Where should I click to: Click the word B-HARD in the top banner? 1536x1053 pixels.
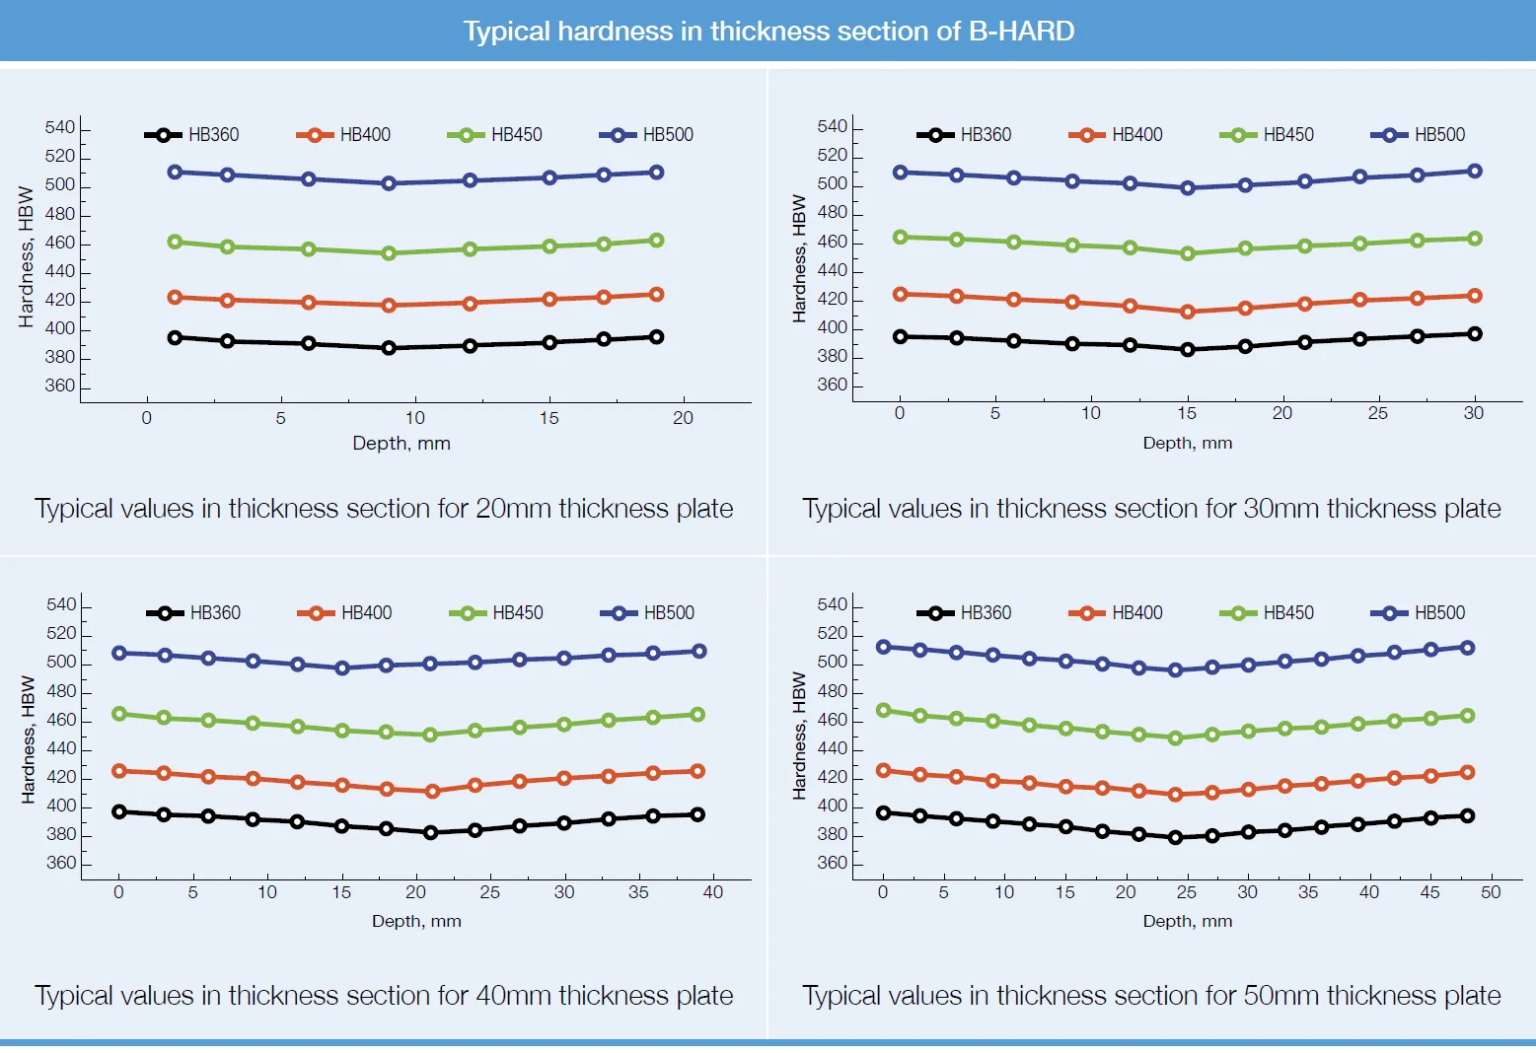click(1021, 31)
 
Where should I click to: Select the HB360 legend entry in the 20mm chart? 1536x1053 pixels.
click(192, 134)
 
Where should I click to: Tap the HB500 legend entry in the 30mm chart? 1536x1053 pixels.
click(1418, 134)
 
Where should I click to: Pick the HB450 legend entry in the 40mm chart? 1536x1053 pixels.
click(496, 612)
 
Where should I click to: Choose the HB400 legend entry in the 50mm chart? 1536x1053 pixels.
click(1116, 612)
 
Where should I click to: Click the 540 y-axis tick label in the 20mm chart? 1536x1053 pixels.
click(59, 127)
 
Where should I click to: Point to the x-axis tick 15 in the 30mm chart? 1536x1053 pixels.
click(1187, 413)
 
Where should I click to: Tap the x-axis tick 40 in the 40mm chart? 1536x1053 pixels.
click(713, 892)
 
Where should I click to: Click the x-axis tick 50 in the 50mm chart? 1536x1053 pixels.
click(1491, 892)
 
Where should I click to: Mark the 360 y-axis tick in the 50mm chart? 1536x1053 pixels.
click(832, 863)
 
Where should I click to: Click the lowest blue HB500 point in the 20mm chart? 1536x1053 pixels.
click(389, 183)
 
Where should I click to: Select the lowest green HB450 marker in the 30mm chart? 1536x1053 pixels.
click(1188, 253)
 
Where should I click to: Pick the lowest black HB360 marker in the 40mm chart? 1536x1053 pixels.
click(431, 832)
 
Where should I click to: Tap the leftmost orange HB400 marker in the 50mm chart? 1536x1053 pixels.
click(883, 770)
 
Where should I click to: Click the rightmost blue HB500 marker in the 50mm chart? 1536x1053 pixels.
click(1467, 648)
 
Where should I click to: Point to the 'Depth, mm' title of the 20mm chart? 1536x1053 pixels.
click(402, 443)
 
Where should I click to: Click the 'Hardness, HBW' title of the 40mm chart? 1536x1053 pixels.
click(28, 739)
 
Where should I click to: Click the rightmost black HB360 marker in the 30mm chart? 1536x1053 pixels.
click(1475, 334)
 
